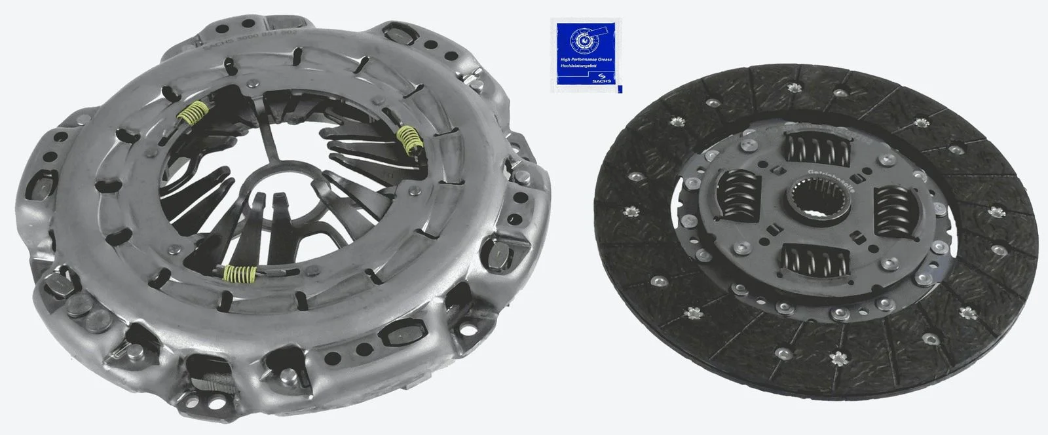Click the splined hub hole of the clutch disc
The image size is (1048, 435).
[810, 199]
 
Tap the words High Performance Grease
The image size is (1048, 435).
[586, 60]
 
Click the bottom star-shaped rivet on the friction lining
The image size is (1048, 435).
[838, 358]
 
